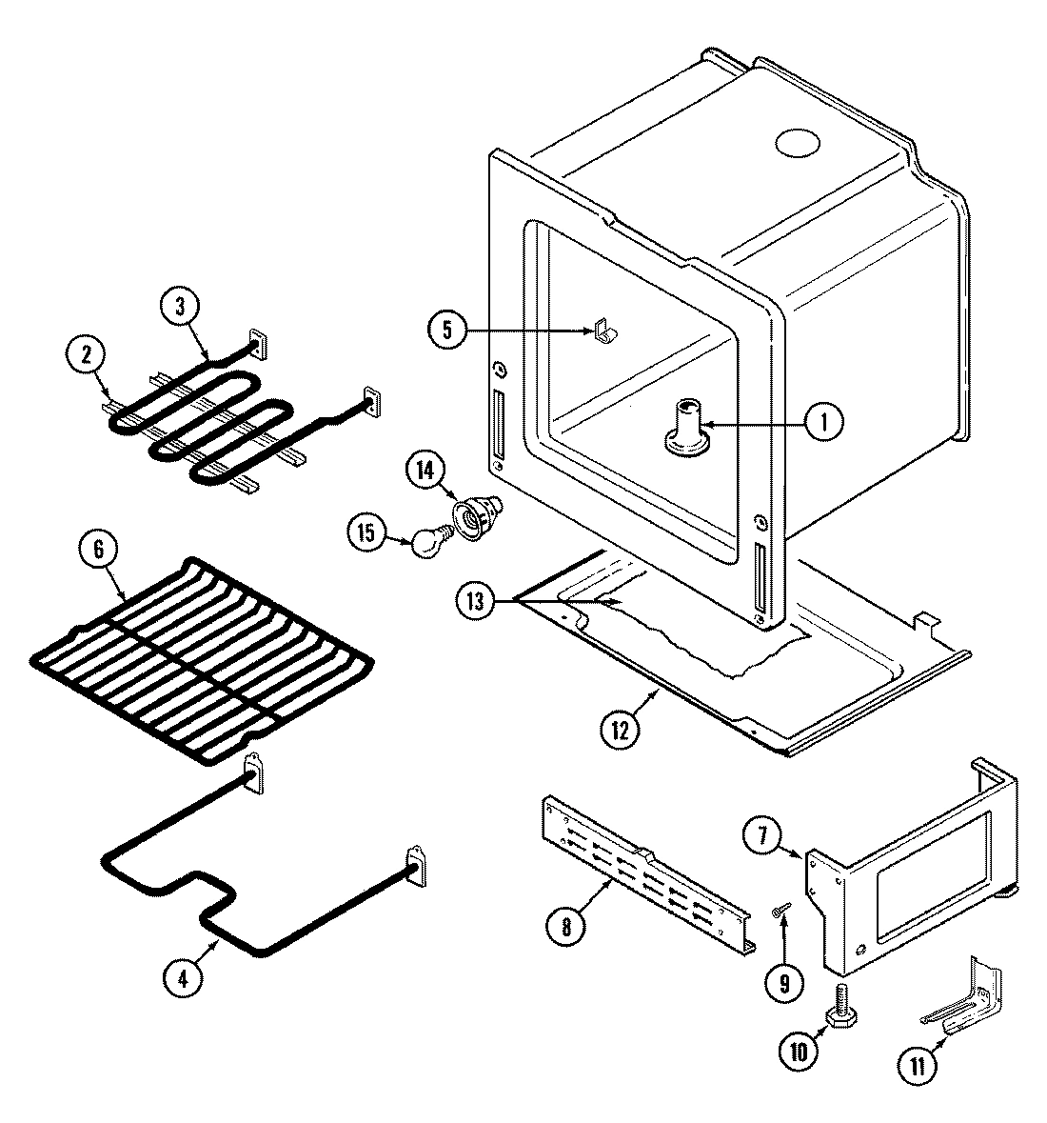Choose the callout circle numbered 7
click(x=761, y=837)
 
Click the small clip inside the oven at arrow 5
click(x=602, y=331)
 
